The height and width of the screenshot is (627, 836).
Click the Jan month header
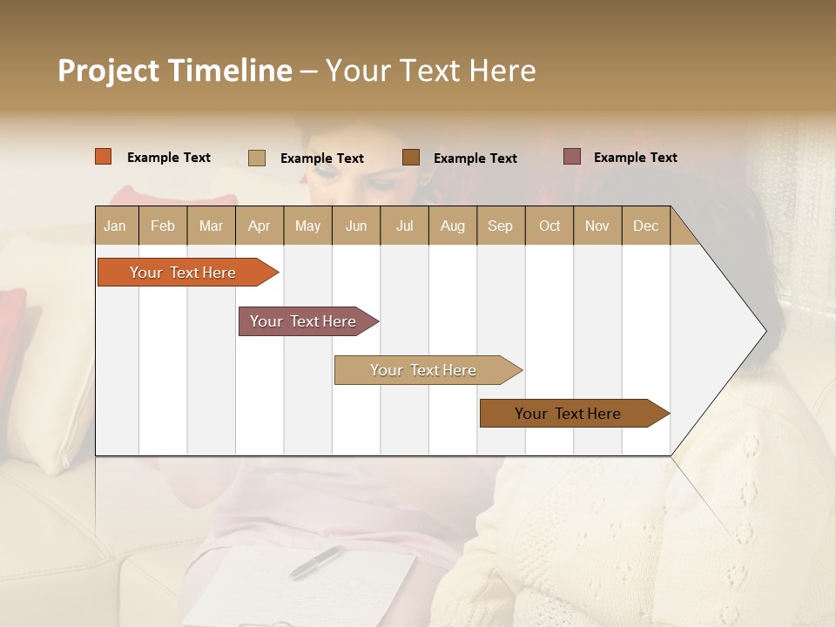(x=115, y=226)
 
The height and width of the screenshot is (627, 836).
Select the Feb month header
(x=163, y=226)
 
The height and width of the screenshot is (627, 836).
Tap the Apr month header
(x=259, y=226)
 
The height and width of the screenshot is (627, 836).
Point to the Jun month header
(x=356, y=226)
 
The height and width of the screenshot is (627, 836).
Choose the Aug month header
(x=452, y=226)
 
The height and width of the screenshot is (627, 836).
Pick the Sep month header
(x=500, y=226)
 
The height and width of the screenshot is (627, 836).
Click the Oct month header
(x=549, y=226)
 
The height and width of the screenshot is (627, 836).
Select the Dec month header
(x=645, y=226)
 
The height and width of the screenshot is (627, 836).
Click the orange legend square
(x=104, y=157)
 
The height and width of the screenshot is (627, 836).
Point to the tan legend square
(x=257, y=158)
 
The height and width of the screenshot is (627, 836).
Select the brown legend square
(x=411, y=157)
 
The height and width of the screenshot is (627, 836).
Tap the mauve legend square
(x=572, y=157)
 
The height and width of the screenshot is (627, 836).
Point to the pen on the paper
(x=316, y=562)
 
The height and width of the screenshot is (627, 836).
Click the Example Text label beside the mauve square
(x=635, y=158)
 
